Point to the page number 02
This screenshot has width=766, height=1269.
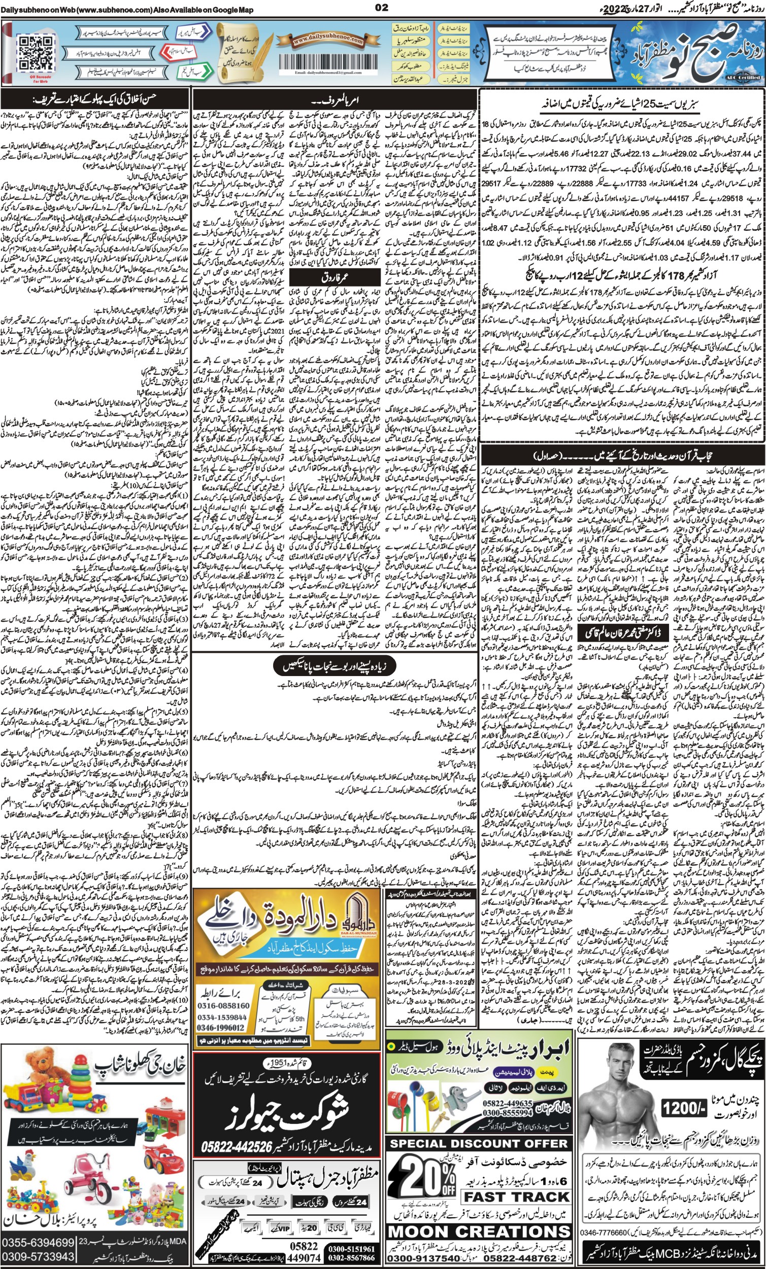click(382, 8)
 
